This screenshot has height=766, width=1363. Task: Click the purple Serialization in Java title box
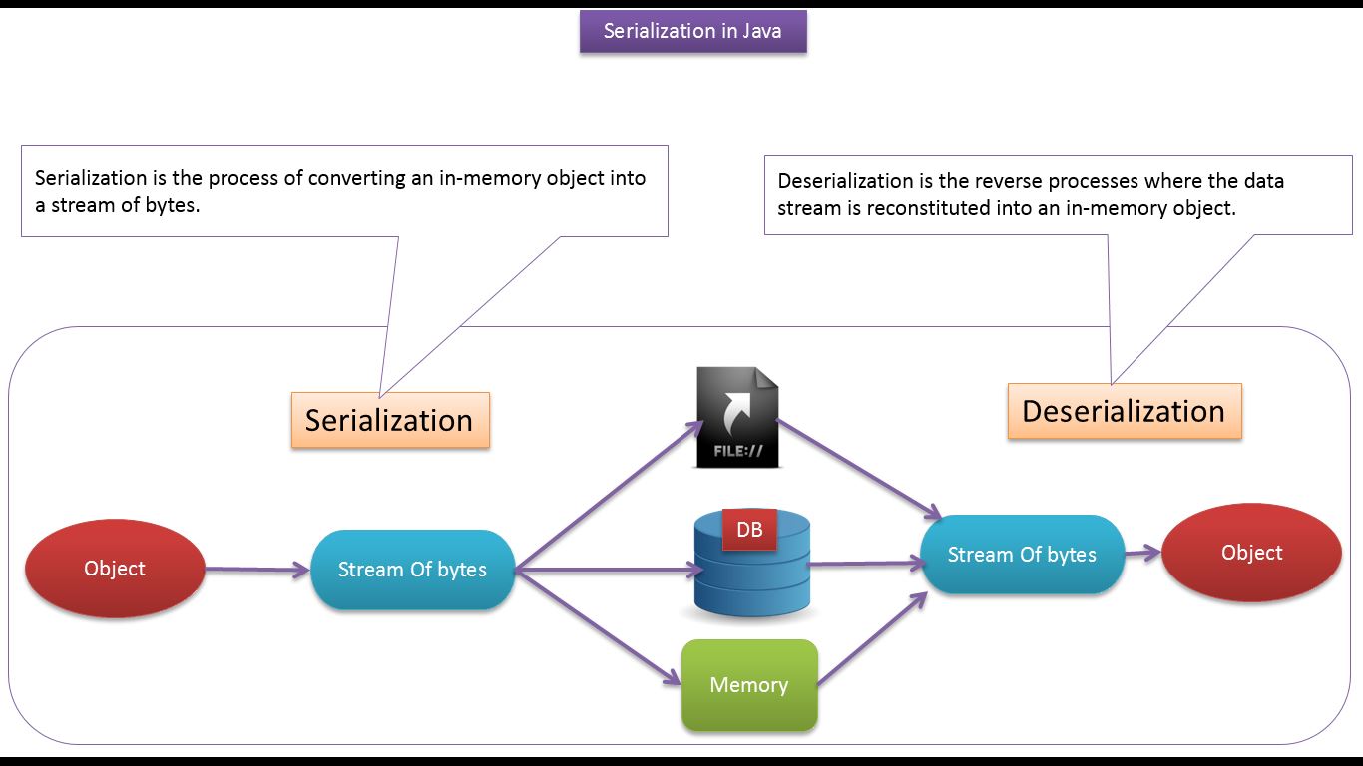[692, 31]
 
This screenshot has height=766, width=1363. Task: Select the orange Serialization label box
[390, 420]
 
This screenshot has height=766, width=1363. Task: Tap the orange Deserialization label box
[1124, 411]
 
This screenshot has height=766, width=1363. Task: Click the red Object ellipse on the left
[115, 569]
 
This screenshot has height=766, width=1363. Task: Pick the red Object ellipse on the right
[1251, 553]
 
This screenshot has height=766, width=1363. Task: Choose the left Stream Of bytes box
[412, 570]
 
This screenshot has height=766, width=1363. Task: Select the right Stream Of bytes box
[1022, 555]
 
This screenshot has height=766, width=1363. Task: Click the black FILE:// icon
[737, 418]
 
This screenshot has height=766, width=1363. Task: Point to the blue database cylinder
[752, 578]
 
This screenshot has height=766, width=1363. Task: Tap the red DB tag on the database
[749, 531]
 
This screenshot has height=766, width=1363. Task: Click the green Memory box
[749, 685]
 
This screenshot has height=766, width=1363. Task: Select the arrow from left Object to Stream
[257, 570]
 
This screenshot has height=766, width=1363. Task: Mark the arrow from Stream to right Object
[1143, 553]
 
